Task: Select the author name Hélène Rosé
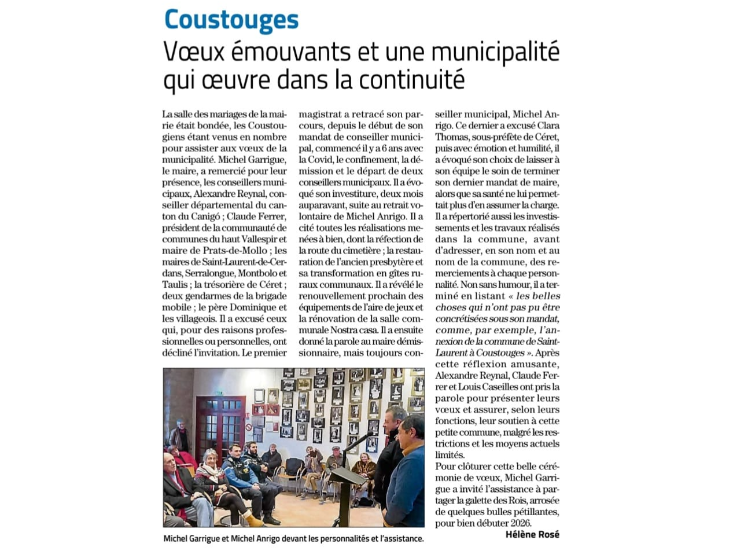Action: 532,534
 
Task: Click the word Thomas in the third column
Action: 452,137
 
